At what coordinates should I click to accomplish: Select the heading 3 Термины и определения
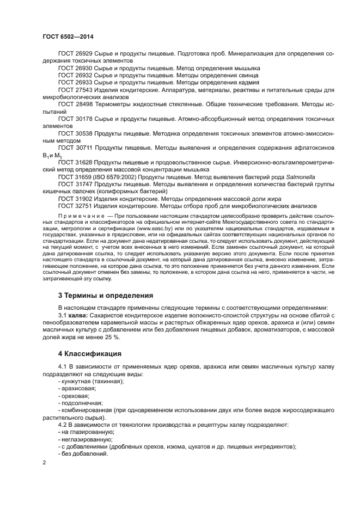tap(105, 296)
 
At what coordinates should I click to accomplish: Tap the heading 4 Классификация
tap(89, 354)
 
